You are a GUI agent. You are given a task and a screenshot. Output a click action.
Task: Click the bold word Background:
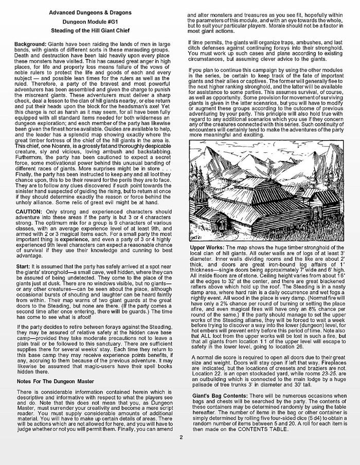(31, 45)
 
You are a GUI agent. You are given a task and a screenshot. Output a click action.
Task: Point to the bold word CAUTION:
(29, 212)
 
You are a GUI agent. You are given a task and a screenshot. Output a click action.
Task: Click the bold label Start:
(24, 265)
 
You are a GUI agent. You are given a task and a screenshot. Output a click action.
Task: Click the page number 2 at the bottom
(181, 452)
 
